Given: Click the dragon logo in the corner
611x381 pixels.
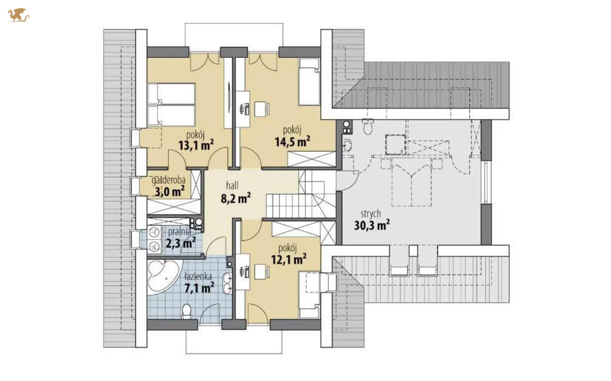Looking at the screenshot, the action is coord(19,15).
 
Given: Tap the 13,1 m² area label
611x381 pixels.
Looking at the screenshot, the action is coord(196,145).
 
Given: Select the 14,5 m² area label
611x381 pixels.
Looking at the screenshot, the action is coord(292,141).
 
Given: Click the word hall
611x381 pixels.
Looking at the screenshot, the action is coord(232,186).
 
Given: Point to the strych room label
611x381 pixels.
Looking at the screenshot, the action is coord(370,214).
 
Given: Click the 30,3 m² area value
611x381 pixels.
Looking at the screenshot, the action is coord(372,225).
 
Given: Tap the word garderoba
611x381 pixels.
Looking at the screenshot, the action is coord(168,180).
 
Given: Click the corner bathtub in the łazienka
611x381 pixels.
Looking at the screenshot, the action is coord(164,277).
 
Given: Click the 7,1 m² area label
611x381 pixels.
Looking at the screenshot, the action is coord(199,288).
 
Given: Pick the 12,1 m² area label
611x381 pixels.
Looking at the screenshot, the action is coord(289,259).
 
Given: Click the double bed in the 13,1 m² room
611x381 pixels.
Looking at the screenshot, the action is coord(171,104).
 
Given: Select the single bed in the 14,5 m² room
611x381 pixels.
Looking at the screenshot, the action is coord(309,82).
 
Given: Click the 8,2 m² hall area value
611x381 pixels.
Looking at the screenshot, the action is coord(236,198).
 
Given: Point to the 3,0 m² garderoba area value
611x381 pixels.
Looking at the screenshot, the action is coord(169,192).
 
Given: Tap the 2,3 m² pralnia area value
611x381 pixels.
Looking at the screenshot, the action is coord(181,243).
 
